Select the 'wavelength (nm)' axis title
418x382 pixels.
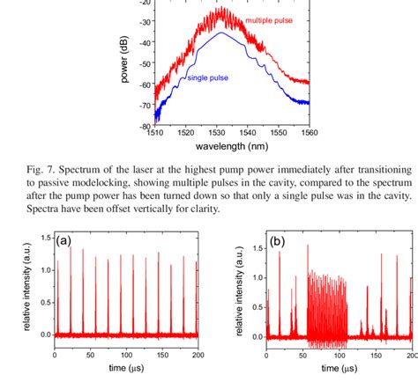[233, 148]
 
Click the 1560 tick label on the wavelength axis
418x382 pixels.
[309, 133]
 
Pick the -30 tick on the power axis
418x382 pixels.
[145, 24]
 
